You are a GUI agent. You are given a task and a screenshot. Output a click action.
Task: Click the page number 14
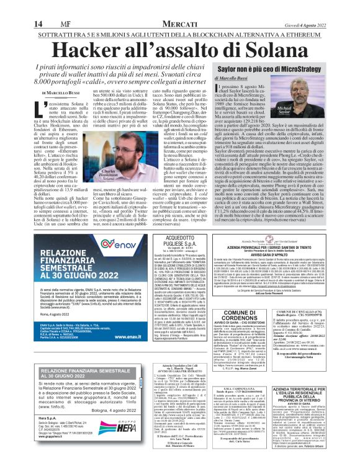click(x=12, y=6)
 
